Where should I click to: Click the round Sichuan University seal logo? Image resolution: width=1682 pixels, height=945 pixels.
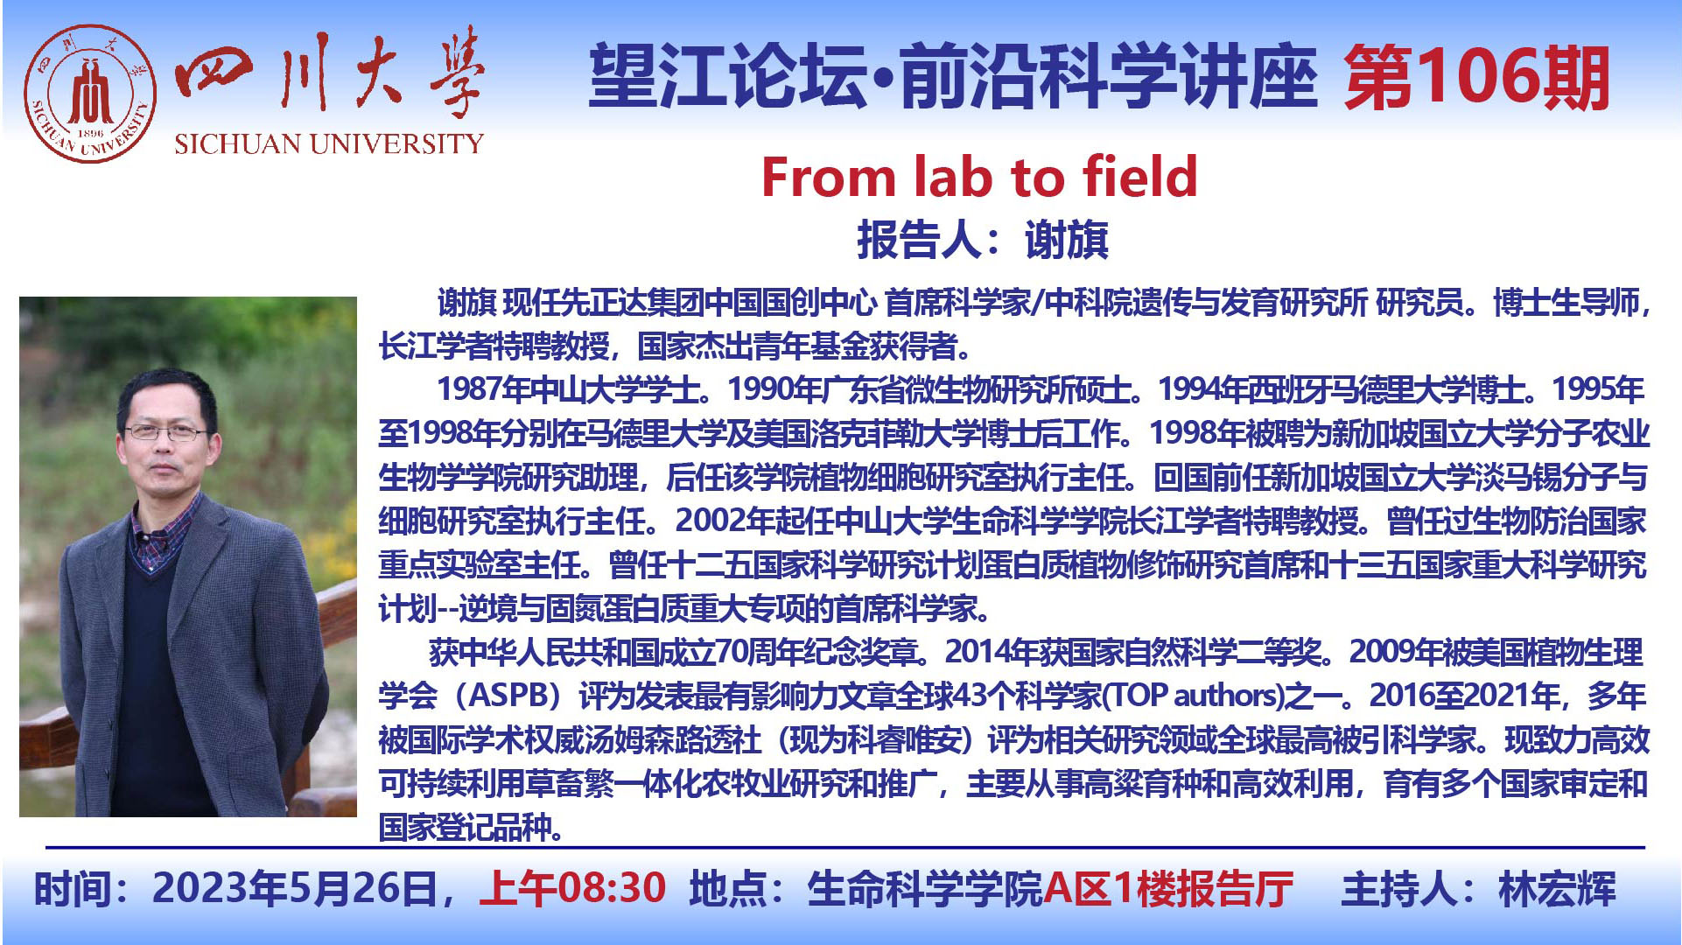90,93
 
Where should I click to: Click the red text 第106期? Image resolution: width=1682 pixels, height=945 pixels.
1476,77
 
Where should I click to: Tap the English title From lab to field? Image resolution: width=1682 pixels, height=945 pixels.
978,177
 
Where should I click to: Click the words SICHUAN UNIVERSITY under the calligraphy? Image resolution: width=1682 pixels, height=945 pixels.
328,143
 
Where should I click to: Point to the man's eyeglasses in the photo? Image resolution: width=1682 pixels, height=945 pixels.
165,431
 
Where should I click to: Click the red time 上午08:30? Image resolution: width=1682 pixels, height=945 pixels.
573,888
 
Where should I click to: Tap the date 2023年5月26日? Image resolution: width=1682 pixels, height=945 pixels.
294,888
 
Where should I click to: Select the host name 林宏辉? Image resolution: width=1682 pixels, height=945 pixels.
1557,889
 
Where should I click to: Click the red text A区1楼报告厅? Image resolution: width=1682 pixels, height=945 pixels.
1168,888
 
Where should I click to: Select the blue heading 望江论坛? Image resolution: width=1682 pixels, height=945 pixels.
728,77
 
